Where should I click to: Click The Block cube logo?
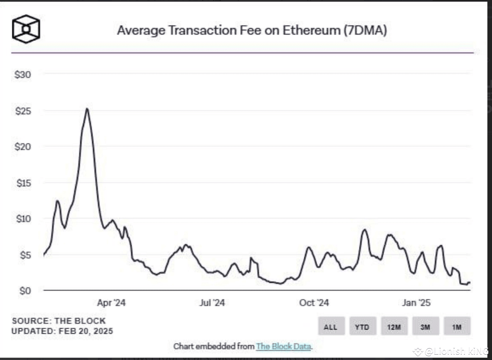pos(25,29)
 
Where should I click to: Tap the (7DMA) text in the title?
pos(365,30)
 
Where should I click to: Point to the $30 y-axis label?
pos(22,75)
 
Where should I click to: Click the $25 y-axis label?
pos(22,111)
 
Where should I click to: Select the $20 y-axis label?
pos(22,147)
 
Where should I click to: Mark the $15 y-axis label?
pos(22,183)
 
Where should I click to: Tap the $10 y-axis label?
pos(22,219)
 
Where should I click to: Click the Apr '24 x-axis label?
pos(111,303)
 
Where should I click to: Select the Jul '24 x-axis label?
pos(212,303)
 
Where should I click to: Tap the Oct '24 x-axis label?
pos(314,303)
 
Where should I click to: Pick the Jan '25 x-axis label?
pos(416,303)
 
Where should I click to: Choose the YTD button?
pos(362,327)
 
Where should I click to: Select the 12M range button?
pos(394,327)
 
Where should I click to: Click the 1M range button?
pos(457,327)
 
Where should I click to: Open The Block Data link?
pos(283,346)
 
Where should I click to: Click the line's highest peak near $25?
pos(87,109)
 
